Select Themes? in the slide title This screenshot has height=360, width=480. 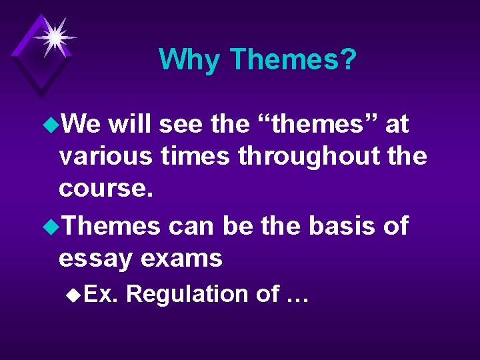click(293, 60)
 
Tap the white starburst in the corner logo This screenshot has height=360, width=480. click(53, 35)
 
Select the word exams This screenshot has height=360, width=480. click(188, 258)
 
